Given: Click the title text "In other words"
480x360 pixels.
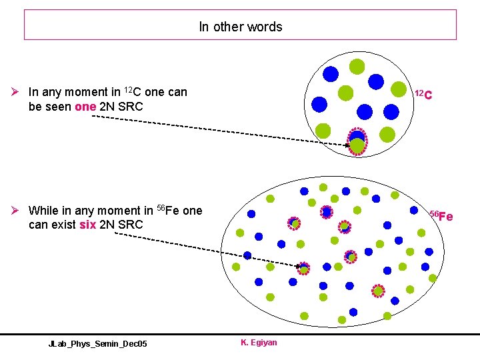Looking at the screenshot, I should tap(240, 27).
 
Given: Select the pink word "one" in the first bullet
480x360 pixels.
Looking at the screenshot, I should tap(86, 107).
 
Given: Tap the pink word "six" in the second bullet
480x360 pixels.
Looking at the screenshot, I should tap(87, 225).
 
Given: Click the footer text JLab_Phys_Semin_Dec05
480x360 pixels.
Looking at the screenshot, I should tap(97, 343).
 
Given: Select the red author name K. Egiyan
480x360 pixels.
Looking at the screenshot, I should tap(259, 343).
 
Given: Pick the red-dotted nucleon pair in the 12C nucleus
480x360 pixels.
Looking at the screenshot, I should tap(358, 141).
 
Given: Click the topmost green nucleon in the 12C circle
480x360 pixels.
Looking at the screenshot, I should tap(357, 66).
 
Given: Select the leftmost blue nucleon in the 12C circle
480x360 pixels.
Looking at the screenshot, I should tap(320, 105).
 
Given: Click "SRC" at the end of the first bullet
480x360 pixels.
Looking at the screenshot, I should tap(130, 107).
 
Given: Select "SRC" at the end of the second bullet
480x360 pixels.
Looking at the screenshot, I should tap(130, 225).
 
